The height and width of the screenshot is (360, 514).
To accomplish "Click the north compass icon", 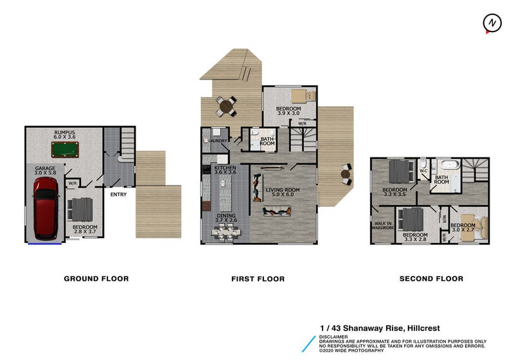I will [492, 23].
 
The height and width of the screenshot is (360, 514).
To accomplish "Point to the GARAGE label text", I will [45, 168].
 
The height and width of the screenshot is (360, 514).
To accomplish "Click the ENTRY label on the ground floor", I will [118, 194].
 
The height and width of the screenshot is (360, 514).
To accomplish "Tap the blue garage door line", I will [45, 244].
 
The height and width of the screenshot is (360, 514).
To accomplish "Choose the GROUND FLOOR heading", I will [96, 279].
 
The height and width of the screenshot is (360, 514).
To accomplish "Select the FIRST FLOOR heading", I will [258, 279].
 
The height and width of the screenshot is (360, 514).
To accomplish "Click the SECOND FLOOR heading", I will [431, 279].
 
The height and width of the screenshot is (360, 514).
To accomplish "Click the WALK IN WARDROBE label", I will [384, 226].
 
